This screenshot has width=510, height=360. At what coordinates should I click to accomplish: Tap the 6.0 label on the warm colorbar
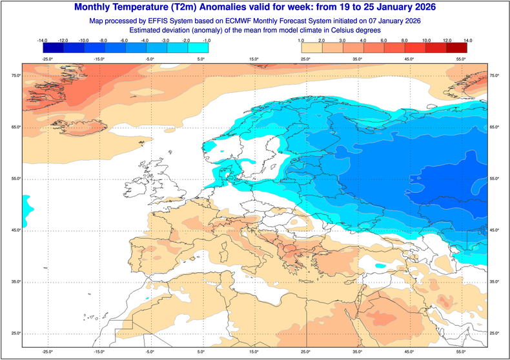pyautogui.click(x=384, y=41)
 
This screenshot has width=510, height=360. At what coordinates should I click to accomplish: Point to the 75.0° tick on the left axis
pyautogui.click(x=15, y=76)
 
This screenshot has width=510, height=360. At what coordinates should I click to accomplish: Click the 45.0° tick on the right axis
pyautogui.click(x=495, y=230)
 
